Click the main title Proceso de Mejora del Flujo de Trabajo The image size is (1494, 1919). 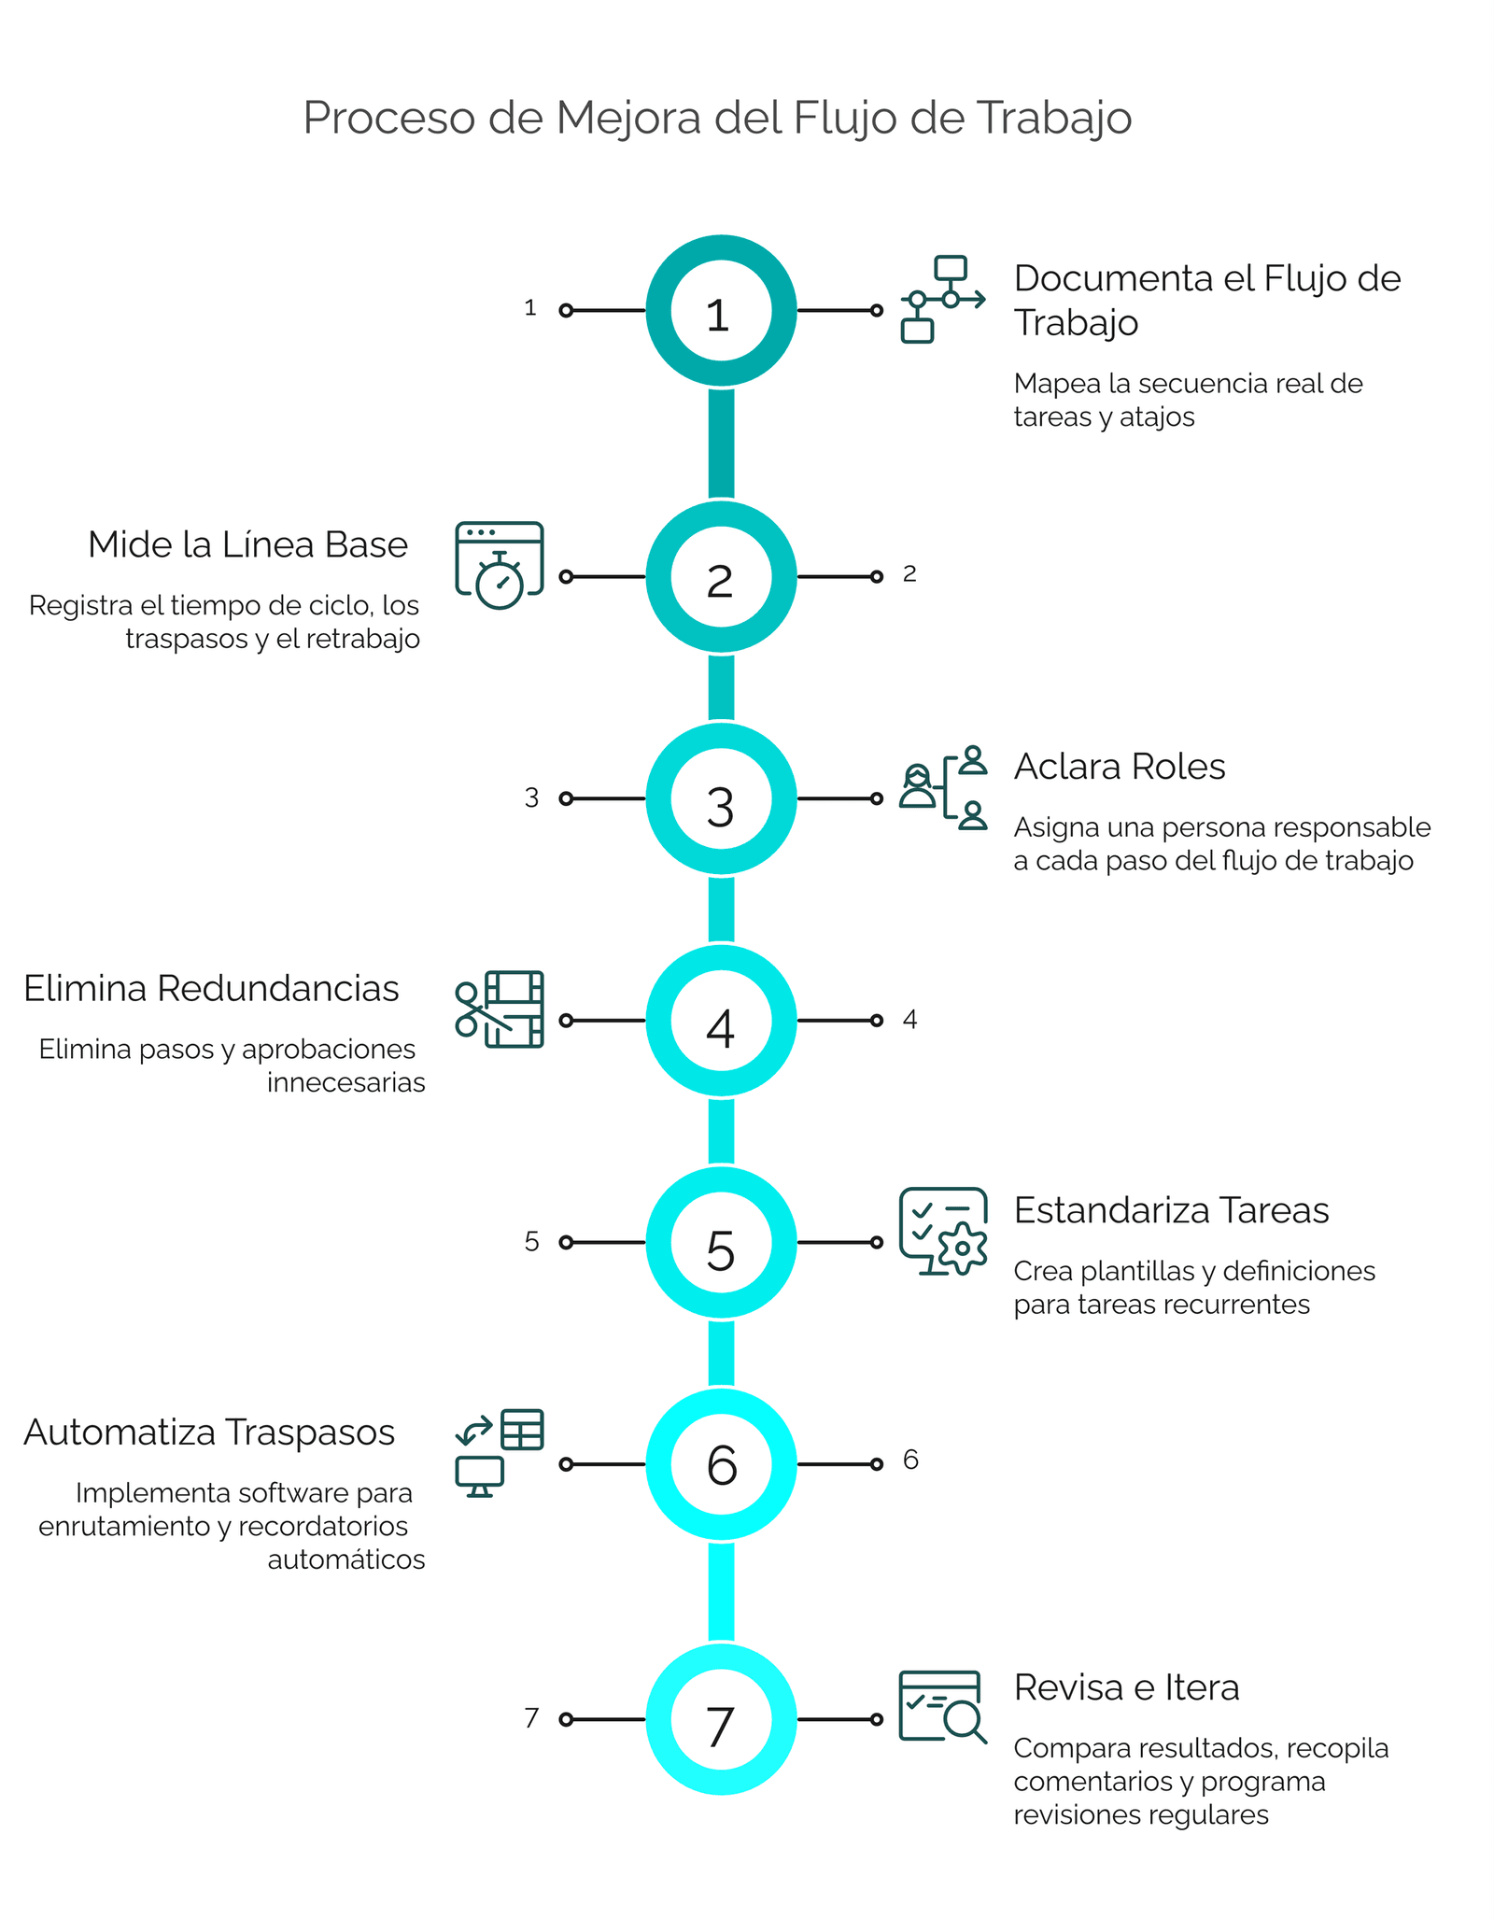(717, 120)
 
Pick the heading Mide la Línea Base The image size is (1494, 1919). (247, 544)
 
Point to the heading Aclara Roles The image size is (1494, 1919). (1120, 766)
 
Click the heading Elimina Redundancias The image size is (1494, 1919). (211, 988)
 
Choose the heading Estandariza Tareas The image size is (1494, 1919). (1171, 1210)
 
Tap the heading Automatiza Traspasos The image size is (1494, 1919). (209, 1432)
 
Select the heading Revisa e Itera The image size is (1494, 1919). (1126, 1687)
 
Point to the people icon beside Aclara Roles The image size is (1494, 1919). (943, 787)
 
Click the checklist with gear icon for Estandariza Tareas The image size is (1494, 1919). (943, 1232)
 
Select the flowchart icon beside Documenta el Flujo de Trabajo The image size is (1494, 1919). (943, 299)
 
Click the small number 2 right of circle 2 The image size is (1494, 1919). (909, 574)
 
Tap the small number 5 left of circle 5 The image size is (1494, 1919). (531, 1241)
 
